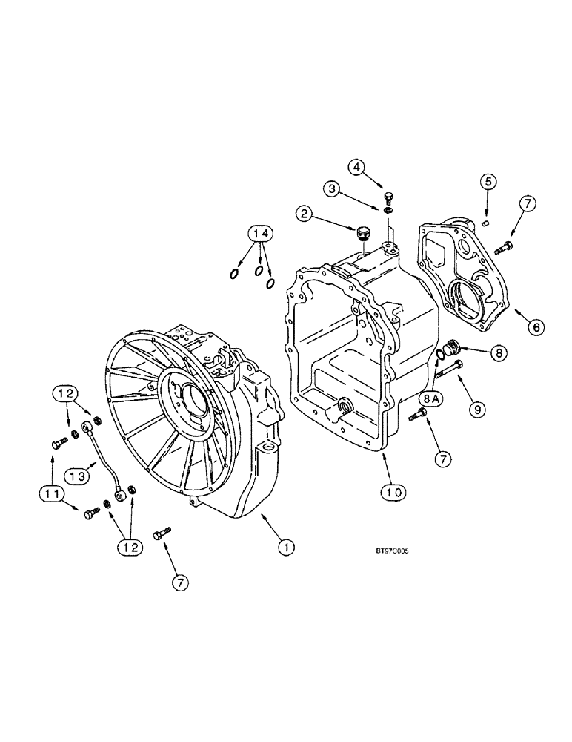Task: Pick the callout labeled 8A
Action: pyautogui.click(x=430, y=398)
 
